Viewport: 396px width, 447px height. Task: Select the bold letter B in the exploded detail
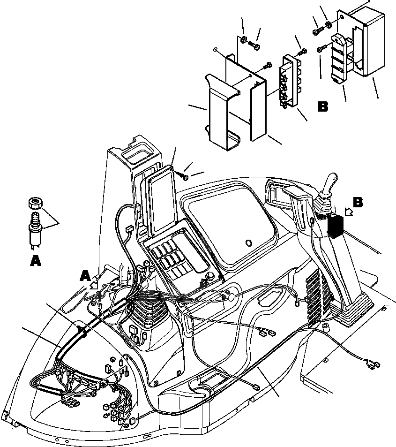point(323,107)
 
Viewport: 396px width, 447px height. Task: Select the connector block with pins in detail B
point(288,82)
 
